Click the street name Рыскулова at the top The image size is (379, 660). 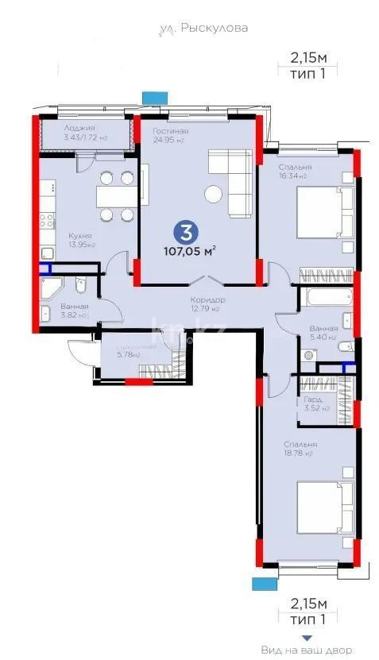pos(203,28)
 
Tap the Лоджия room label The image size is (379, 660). pos(80,129)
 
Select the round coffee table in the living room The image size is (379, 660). pos(213,193)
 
